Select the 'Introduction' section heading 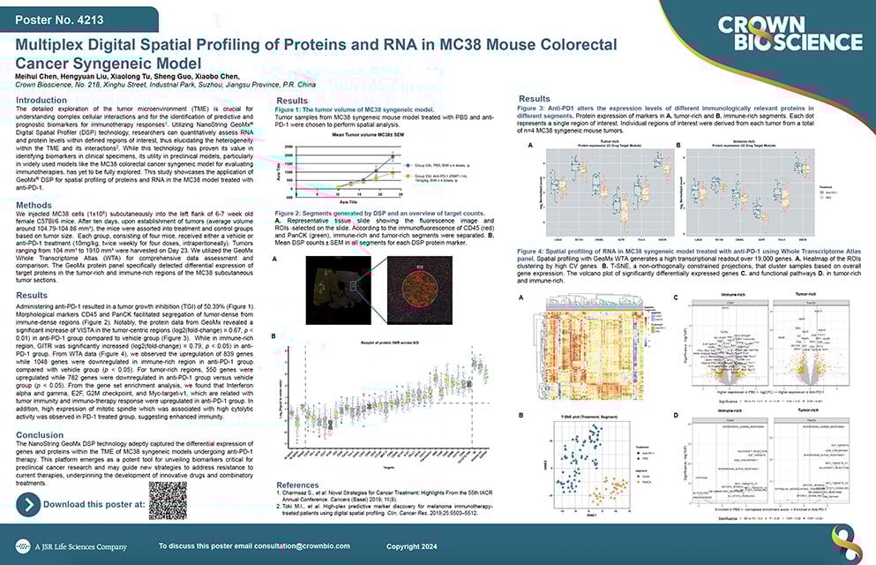click(47, 101)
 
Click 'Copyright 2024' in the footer click(633, 546)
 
